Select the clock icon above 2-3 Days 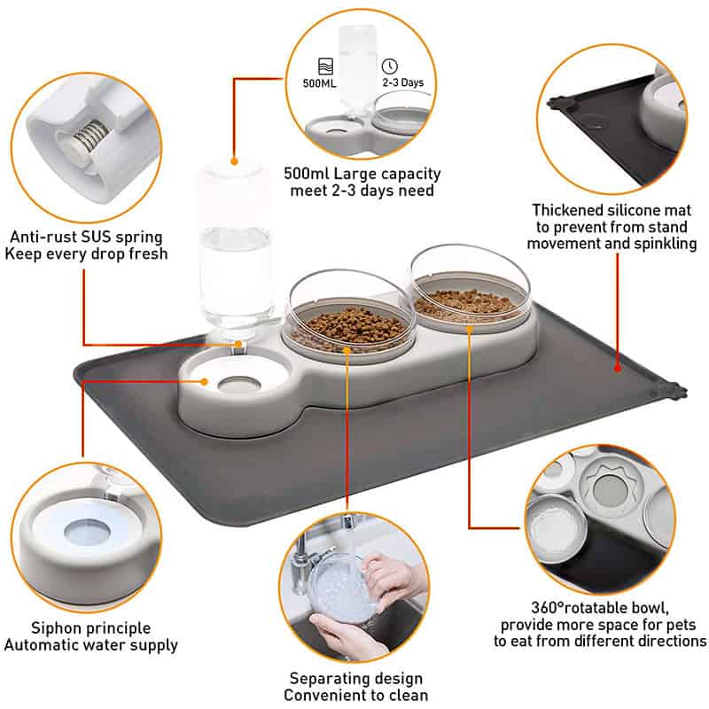click(389, 66)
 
